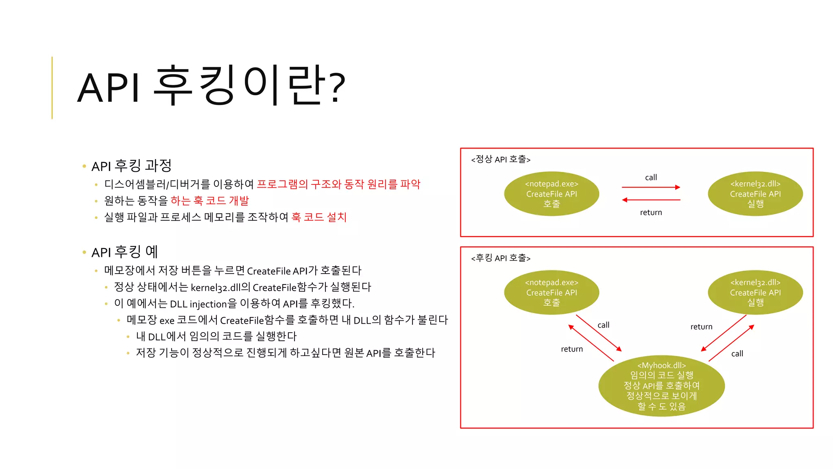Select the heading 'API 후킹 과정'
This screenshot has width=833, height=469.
pos(131,166)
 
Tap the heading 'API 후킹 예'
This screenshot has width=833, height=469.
pos(124,252)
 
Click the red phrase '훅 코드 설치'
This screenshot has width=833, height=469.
pos(319,217)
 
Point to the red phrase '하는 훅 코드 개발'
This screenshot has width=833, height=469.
pos(209,201)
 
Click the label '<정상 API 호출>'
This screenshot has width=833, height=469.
pos(501,159)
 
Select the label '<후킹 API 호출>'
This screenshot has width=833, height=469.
pos(501,258)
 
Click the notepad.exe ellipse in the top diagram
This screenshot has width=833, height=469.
pos(551,194)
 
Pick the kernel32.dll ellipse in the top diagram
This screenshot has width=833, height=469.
pos(755,194)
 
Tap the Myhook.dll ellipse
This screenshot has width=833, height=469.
pos(661,386)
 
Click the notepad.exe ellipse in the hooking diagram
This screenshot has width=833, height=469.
pos(551,292)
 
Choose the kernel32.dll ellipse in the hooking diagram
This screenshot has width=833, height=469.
pos(755,292)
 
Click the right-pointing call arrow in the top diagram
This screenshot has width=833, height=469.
pos(651,187)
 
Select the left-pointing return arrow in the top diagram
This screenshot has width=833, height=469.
pos(651,200)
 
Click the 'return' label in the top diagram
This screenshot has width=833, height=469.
pos(651,213)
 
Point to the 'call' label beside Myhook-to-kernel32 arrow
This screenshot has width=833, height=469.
pos(737,354)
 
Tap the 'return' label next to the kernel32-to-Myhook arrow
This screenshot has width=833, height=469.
pos(701,327)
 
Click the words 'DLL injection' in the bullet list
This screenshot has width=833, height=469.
pos(198,304)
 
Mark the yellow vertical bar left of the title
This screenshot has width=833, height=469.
pos(52,88)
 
